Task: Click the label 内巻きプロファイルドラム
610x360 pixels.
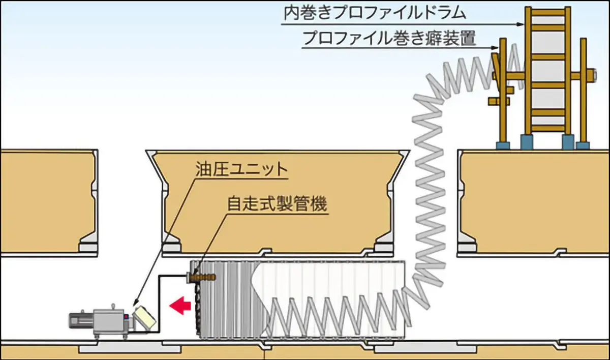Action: pyautogui.click(x=375, y=13)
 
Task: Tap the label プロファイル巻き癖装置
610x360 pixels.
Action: pyautogui.click(x=389, y=38)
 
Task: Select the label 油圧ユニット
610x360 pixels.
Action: pyautogui.click(x=241, y=169)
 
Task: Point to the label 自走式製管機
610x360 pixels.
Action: pyautogui.click(x=277, y=204)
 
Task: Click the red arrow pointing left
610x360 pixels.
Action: pyautogui.click(x=180, y=305)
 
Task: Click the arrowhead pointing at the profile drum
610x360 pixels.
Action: pyautogui.click(x=520, y=24)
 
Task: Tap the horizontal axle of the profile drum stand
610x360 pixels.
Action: pyautogui.click(x=544, y=75)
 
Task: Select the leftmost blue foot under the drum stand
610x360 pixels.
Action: pyautogui.click(x=503, y=145)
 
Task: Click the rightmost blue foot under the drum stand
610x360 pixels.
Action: pyautogui.click(x=583, y=145)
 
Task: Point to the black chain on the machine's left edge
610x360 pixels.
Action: pyautogui.click(x=198, y=307)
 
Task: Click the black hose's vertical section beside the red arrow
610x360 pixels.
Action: pyautogui.click(x=159, y=304)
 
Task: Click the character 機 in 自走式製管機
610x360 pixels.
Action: pyautogui.click(x=319, y=204)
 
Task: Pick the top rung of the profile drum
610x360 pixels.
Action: pyautogui.click(x=548, y=12)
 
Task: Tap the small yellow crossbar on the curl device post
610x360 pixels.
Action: pyautogui.click(x=499, y=101)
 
